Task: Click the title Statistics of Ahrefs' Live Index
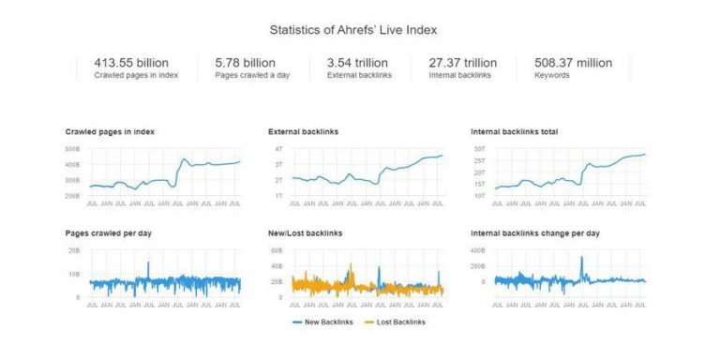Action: tap(359, 29)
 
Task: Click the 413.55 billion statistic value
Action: tap(131, 63)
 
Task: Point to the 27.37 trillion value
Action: tap(463, 63)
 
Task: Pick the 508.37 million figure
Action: tap(573, 63)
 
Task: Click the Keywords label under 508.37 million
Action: tap(551, 75)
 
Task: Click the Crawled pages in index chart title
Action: tap(110, 132)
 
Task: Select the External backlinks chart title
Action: tap(303, 132)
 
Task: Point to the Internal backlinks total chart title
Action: tap(514, 132)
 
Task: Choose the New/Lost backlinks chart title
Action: tap(305, 232)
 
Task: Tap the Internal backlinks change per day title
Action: tap(534, 232)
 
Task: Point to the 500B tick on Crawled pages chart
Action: tap(72, 149)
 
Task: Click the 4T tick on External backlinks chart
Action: tap(278, 149)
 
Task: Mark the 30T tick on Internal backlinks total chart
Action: tap(479, 149)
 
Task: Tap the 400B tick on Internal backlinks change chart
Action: tap(477, 250)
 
